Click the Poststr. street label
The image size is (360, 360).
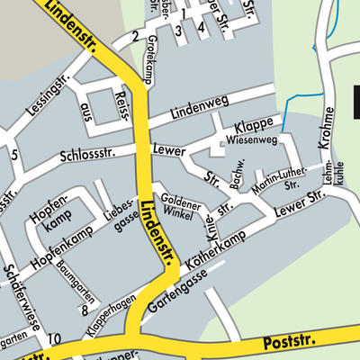pyautogui.click(x=286, y=343)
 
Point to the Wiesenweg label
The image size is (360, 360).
pyautogui.click(x=250, y=140)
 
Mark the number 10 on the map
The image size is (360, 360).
pyautogui.click(x=55, y=338)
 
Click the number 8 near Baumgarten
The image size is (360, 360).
pyautogui.click(x=84, y=310)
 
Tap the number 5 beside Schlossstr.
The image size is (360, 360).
pyautogui.click(x=14, y=155)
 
